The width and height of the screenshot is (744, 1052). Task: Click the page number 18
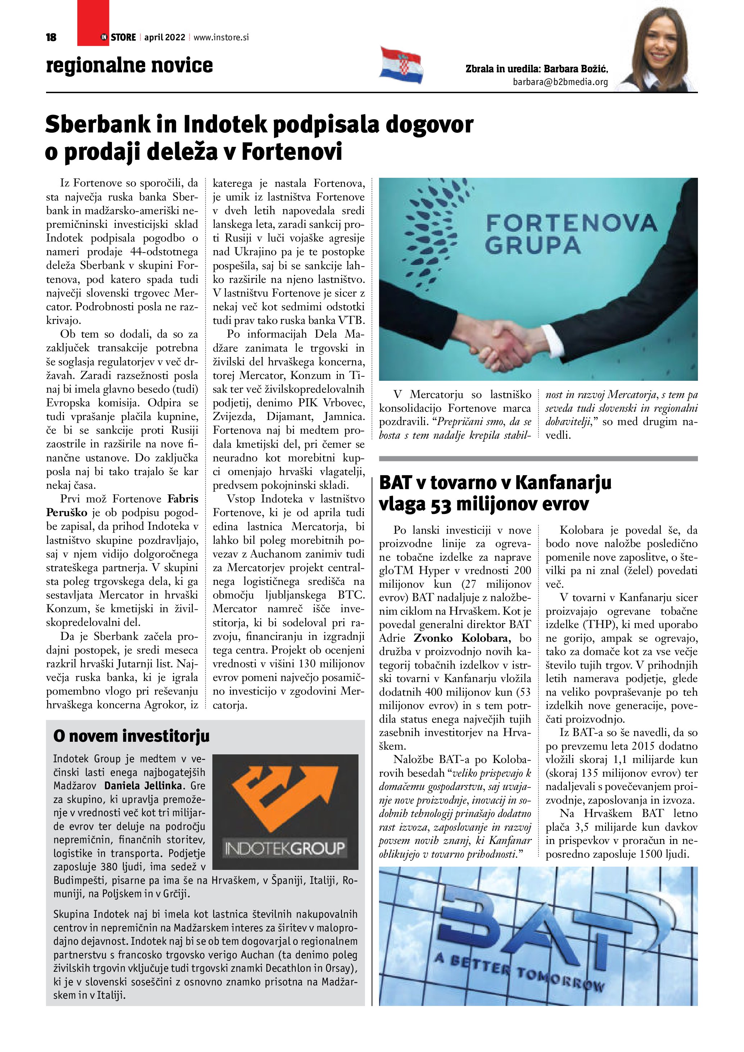click(51, 37)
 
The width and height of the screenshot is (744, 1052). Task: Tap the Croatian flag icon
click(401, 65)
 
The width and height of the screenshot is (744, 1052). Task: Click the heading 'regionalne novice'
click(129, 66)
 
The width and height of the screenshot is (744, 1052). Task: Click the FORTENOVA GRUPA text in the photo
click(571, 234)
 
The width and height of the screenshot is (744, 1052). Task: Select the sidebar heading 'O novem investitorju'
click(131, 736)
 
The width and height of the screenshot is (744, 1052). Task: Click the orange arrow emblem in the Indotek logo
click(284, 795)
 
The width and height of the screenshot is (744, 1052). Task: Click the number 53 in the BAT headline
click(441, 504)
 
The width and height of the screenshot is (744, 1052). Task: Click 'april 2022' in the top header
click(164, 37)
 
